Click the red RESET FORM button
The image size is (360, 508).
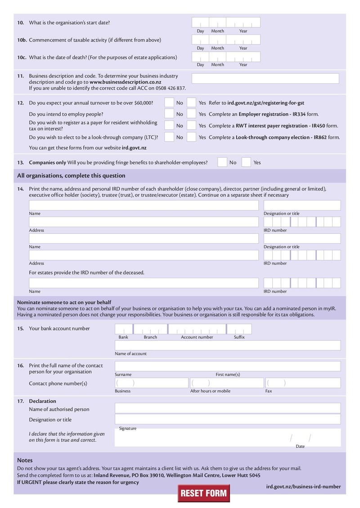click(x=203, y=493)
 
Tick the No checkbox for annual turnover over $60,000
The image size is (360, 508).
click(x=169, y=103)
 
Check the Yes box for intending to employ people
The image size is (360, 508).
click(x=191, y=114)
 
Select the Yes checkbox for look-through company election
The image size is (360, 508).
click(x=191, y=137)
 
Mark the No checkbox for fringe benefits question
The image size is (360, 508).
click(x=222, y=162)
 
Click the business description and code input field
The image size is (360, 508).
click(x=265, y=78)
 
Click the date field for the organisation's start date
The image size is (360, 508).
click(x=226, y=22)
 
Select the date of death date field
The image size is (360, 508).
click(x=226, y=57)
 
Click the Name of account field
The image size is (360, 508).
click(x=227, y=345)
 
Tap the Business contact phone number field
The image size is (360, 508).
click(x=151, y=383)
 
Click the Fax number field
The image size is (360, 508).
click(x=302, y=383)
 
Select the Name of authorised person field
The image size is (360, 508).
click(x=227, y=408)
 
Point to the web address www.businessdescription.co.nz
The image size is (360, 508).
click(x=125, y=82)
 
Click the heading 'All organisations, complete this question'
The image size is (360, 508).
click(x=71, y=176)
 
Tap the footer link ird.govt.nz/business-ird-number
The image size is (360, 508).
click(x=303, y=486)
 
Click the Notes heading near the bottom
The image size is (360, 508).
click(x=25, y=460)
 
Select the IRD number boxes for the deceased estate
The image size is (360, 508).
click(x=302, y=283)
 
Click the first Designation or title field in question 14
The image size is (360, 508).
click(x=302, y=205)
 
